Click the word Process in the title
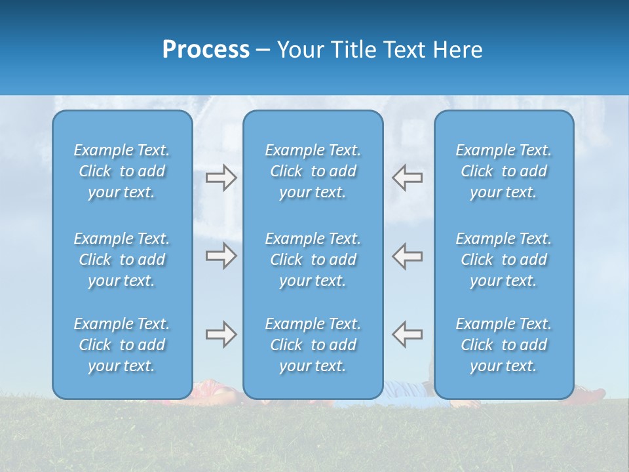(x=206, y=50)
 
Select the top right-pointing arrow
(x=221, y=178)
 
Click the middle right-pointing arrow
(x=221, y=256)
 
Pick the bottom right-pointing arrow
(x=221, y=334)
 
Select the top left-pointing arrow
(x=407, y=178)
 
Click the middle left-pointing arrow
(x=407, y=256)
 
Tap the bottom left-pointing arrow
(x=407, y=334)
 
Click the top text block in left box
(x=122, y=171)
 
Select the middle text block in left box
(x=122, y=260)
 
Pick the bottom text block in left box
(x=122, y=345)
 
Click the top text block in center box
(x=313, y=171)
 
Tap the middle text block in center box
(x=313, y=260)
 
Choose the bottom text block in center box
(x=313, y=345)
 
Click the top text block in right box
(x=504, y=171)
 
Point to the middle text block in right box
(x=504, y=260)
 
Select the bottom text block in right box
(x=504, y=345)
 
